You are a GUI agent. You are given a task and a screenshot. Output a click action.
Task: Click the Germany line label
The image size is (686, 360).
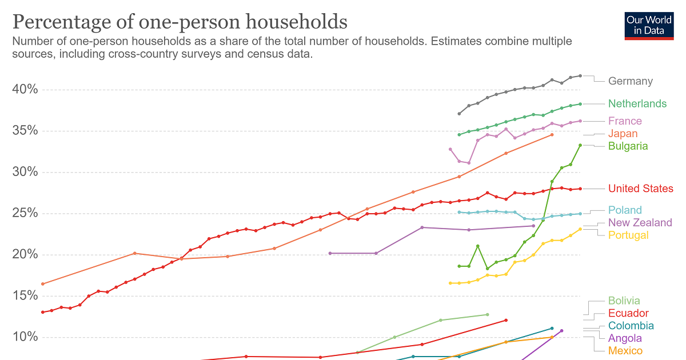(x=630, y=81)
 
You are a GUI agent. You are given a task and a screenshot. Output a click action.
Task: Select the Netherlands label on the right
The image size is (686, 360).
(x=637, y=103)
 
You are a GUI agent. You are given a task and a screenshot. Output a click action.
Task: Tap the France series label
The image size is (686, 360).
(x=625, y=121)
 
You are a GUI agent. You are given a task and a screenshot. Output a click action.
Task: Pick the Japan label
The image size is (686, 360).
(x=623, y=134)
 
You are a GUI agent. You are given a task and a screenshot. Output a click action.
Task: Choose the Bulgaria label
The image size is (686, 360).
(x=628, y=146)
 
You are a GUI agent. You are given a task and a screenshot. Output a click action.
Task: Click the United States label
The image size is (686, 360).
(x=640, y=189)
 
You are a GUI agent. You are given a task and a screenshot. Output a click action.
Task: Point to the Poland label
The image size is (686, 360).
(x=625, y=210)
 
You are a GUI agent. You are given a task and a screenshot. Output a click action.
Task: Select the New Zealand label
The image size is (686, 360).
(x=640, y=223)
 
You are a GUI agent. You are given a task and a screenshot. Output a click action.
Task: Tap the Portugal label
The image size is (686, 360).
(x=628, y=235)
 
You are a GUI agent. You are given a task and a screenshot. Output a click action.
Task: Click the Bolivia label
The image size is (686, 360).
(x=624, y=301)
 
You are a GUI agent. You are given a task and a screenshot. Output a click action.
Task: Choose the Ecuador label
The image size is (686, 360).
(x=628, y=314)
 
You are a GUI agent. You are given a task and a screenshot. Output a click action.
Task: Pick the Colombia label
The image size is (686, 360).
(x=631, y=326)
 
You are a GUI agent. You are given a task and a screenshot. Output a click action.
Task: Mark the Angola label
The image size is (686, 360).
(x=625, y=338)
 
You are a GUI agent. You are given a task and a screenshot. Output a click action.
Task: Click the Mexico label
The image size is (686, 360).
(x=625, y=351)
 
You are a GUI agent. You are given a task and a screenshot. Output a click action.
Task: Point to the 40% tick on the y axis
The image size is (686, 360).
(x=25, y=90)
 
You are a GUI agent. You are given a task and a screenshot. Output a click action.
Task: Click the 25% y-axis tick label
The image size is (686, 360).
(x=25, y=214)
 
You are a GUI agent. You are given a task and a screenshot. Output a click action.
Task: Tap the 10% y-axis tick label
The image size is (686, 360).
(x=25, y=337)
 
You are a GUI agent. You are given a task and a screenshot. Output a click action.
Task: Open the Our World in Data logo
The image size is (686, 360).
(x=649, y=25)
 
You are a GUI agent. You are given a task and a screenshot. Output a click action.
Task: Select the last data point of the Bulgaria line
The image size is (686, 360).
(x=580, y=145)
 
